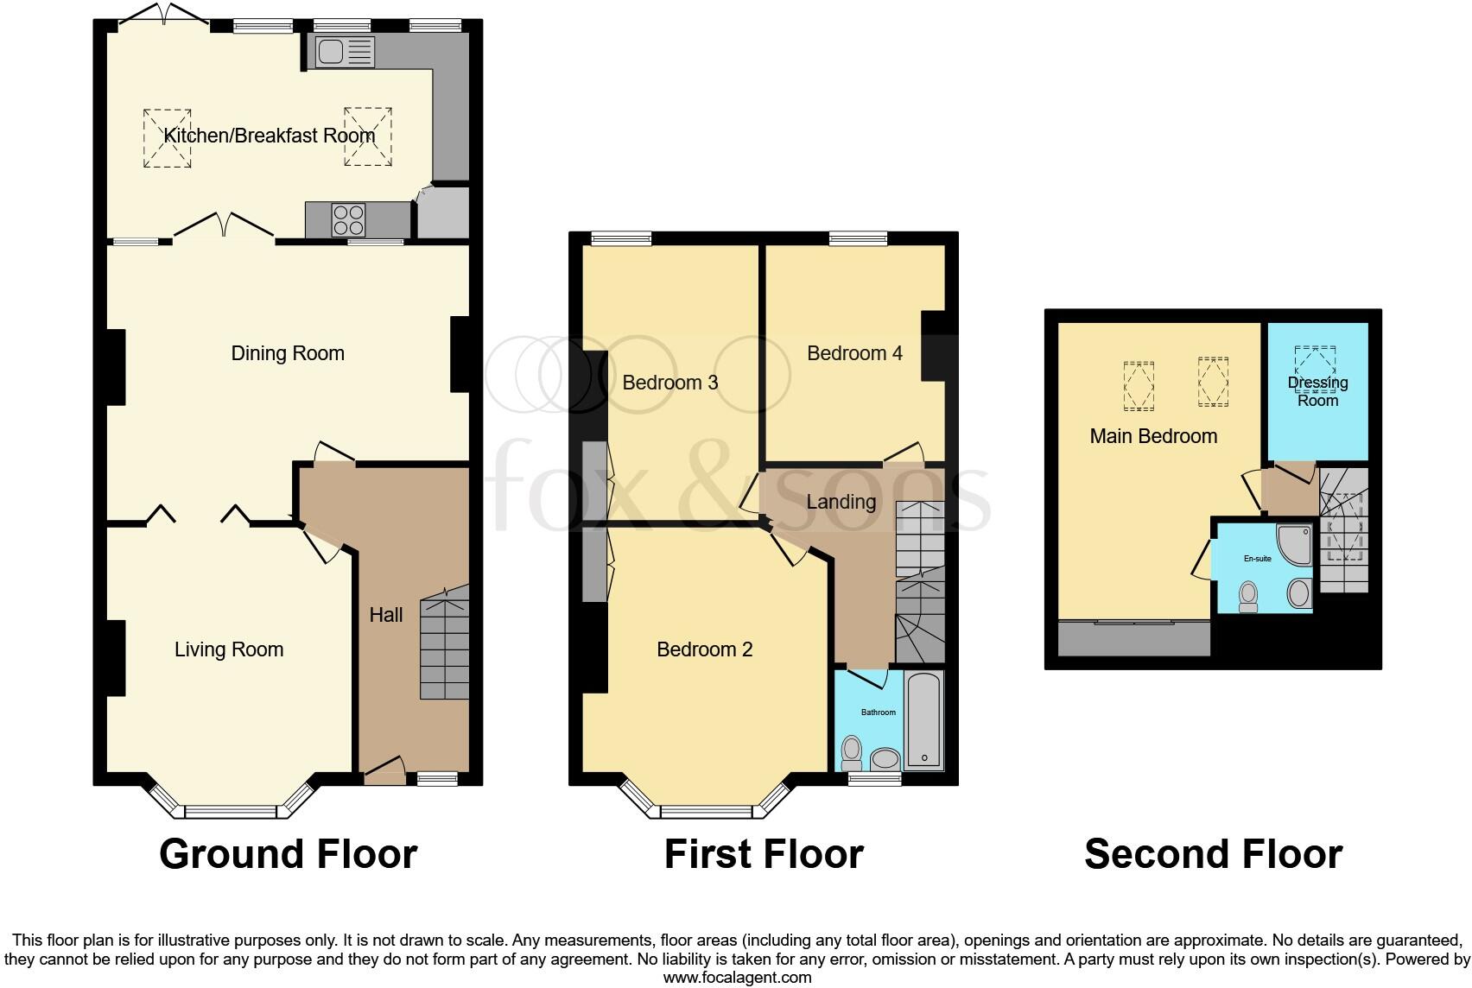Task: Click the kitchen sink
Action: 344,53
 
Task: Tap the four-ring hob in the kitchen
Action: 348,219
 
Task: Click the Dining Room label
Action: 288,353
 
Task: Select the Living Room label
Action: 229,649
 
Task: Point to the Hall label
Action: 386,615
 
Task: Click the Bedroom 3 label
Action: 670,383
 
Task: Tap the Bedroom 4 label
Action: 854,353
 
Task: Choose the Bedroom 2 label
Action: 705,649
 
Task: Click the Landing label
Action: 841,502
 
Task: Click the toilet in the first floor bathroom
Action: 852,752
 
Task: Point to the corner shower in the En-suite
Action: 1295,541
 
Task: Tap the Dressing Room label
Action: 1317,391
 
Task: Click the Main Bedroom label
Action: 1153,436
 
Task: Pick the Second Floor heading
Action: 1213,854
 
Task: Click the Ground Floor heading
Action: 288,854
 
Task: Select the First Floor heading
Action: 764,854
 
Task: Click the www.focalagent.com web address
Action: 737,978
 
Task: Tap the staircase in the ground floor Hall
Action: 445,643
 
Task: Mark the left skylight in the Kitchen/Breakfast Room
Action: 168,137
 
